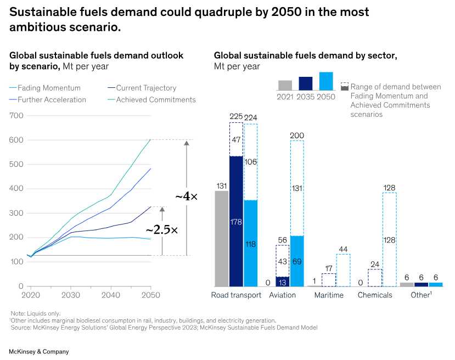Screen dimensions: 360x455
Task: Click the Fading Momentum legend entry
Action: (49, 88)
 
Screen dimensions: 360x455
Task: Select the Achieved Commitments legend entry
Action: (156, 100)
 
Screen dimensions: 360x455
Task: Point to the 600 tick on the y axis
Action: (16, 140)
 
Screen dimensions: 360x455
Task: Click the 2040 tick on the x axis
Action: (111, 295)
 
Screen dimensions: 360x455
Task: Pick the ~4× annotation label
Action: (186, 196)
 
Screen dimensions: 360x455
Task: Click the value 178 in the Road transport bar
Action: (236, 221)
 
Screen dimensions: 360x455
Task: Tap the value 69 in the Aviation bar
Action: (296, 261)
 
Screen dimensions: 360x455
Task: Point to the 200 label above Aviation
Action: (296, 136)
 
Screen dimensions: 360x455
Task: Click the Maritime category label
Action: (329, 295)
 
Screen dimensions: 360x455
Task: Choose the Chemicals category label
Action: (375, 295)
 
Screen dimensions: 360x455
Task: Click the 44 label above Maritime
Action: (343, 249)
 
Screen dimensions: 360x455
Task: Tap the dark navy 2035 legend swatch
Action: (306, 83)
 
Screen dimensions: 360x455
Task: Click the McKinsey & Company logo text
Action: (38, 352)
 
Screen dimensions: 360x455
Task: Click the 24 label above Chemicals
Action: (374, 265)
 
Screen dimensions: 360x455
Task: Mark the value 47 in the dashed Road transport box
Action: (236, 140)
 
